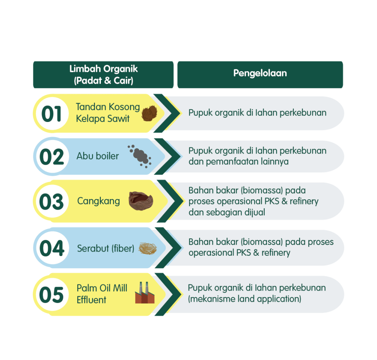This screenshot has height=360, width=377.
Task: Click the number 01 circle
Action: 52,114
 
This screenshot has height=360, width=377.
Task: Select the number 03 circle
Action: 52,202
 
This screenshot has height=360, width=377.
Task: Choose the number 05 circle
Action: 52,295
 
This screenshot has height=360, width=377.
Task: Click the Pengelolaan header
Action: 260,73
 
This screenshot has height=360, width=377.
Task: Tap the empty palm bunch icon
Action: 149,113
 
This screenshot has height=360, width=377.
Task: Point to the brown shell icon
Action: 141,201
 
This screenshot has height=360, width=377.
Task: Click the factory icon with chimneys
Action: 145,293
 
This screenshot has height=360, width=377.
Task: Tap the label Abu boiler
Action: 98,156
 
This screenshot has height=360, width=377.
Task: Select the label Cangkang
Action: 98,201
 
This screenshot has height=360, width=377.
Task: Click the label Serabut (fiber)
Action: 105,248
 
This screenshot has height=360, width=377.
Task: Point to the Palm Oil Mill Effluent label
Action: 102,294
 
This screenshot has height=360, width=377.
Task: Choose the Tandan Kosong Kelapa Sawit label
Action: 108,113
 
